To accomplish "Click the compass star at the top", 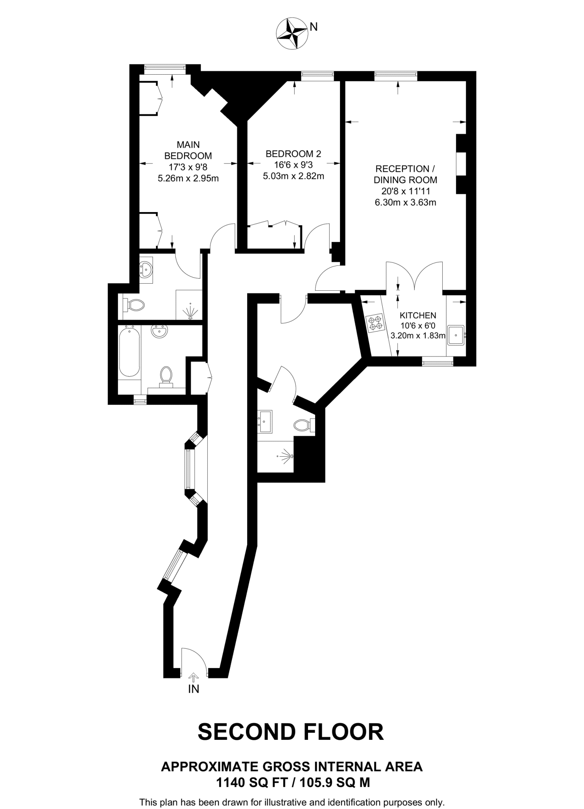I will click(x=292, y=34).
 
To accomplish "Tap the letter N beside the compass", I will click(x=314, y=27).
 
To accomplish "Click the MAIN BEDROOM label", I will click(x=188, y=150).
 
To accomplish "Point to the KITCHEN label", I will click(x=418, y=315).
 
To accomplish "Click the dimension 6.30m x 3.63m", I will click(x=405, y=203).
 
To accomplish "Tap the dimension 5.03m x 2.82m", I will click(x=293, y=176).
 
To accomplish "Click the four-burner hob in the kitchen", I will click(x=375, y=322).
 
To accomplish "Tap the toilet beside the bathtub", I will click(x=166, y=375).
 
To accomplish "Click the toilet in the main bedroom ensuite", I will click(x=134, y=305).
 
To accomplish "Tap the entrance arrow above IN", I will click(x=193, y=677).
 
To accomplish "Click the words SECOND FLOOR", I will click(x=291, y=732).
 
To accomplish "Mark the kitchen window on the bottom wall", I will click(x=438, y=361).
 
